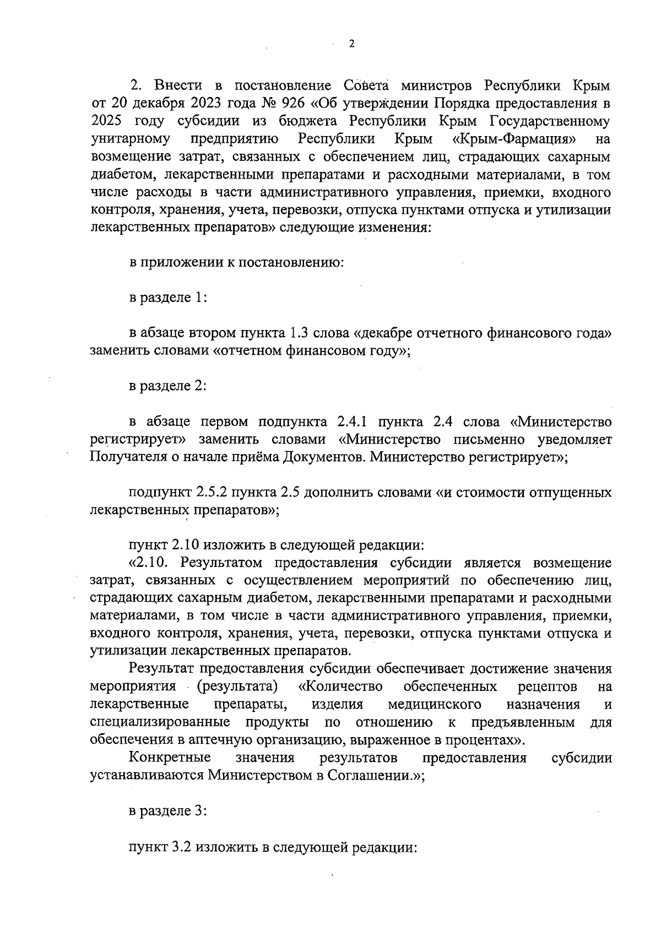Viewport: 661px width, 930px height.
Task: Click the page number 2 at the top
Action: (x=352, y=44)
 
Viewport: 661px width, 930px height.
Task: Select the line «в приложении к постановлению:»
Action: (x=236, y=262)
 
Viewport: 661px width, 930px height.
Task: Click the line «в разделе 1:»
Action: (x=168, y=298)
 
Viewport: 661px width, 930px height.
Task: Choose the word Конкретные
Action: (x=170, y=758)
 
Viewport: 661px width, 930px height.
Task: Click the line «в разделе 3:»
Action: (x=168, y=811)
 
